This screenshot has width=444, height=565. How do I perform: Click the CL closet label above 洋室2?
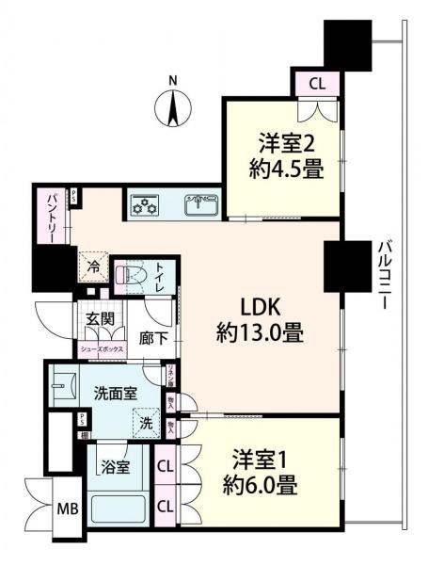click(x=318, y=84)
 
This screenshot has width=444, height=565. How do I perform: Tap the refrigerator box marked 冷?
click(x=93, y=267)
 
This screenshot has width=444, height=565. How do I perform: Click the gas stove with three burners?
click(x=145, y=204)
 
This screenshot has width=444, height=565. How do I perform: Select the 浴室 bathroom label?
click(x=116, y=465)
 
